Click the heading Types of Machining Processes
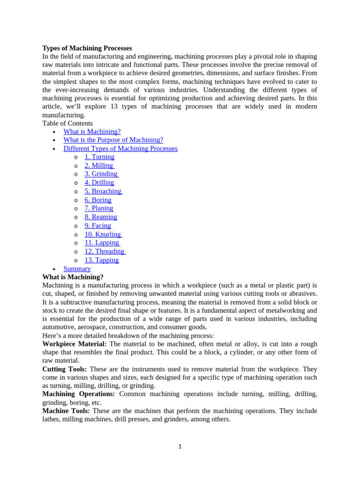87,48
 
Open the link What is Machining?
92,132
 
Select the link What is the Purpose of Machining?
113,140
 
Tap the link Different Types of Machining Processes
120,149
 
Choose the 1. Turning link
99,157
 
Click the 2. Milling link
99,165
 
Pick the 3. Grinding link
101,174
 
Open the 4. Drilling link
99,183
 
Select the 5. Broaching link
103,191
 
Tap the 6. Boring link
98,200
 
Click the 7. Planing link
99,208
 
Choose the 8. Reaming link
101,217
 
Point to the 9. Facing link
97,225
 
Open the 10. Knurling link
103,234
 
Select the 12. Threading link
105,251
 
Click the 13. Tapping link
102,260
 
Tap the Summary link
77,269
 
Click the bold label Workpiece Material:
75,344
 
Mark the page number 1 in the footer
180,447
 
